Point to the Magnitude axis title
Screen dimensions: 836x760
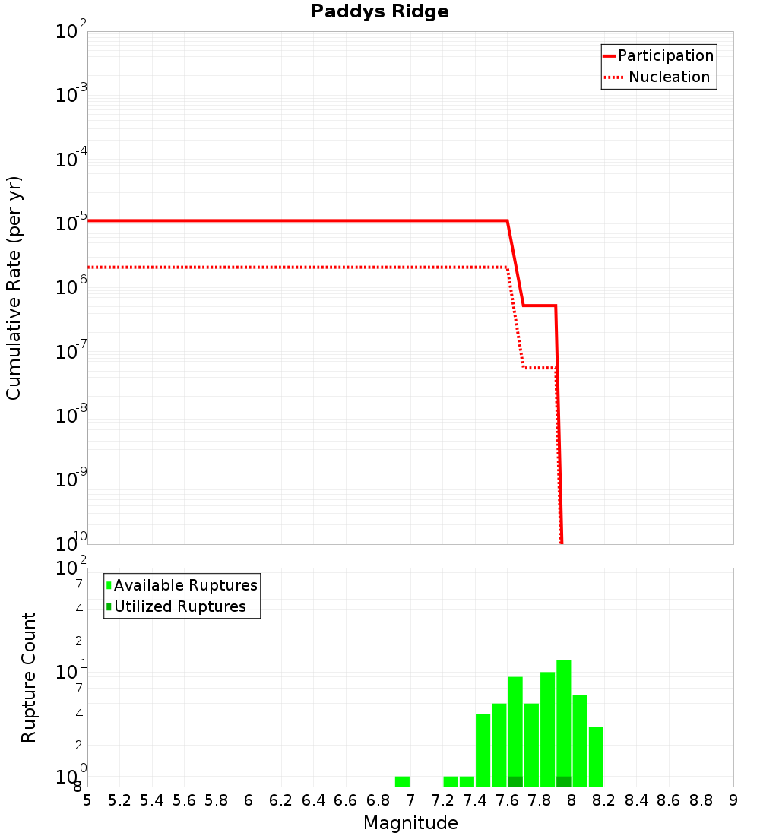(x=410, y=823)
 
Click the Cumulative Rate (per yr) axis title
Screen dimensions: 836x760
(x=14, y=288)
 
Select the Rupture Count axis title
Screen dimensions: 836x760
(x=29, y=676)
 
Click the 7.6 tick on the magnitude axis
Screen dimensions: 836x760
(x=507, y=800)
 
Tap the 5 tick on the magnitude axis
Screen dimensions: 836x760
(x=87, y=800)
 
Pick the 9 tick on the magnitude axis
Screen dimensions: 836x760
(x=733, y=800)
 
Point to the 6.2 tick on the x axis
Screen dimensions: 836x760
(x=281, y=800)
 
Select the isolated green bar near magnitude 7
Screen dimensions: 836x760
(x=402, y=781)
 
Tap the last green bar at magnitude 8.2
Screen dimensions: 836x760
(x=596, y=756)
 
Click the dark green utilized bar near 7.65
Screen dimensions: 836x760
(x=515, y=781)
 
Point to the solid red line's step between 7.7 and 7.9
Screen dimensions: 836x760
(x=540, y=306)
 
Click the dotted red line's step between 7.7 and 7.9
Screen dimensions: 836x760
(x=540, y=368)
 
